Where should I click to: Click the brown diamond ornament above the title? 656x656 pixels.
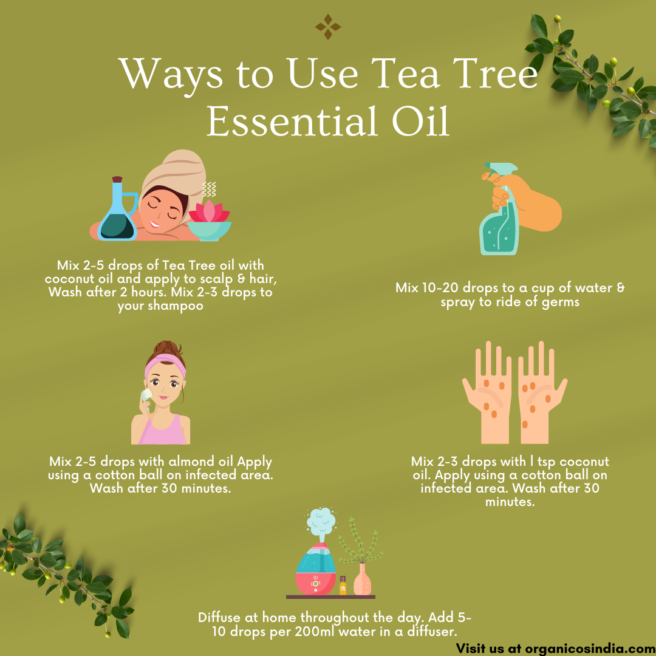click(x=328, y=27)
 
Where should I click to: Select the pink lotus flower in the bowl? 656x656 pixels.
click(x=209, y=212)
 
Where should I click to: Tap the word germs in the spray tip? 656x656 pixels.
click(x=561, y=302)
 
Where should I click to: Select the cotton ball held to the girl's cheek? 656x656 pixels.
click(x=146, y=395)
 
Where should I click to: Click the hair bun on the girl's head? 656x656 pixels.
click(x=166, y=348)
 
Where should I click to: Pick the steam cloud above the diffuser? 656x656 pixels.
click(x=321, y=521)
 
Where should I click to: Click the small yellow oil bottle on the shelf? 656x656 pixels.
click(x=343, y=585)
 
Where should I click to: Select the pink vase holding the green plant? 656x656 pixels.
click(x=362, y=579)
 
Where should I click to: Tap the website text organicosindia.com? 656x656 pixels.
click(x=590, y=649)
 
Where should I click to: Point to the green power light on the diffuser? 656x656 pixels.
click(x=316, y=583)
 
